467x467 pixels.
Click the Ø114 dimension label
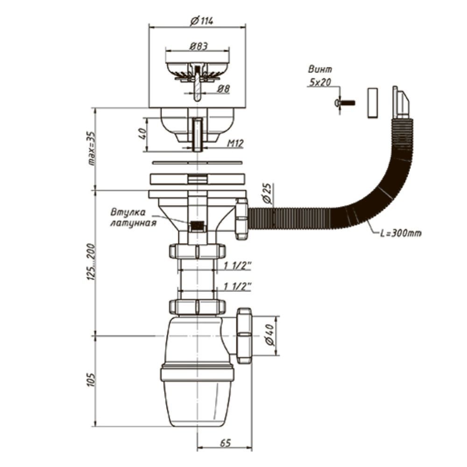[202, 21]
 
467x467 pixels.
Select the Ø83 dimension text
[198, 46]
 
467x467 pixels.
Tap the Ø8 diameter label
[223, 89]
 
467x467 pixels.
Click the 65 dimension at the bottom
[226, 443]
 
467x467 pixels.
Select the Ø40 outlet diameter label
[269, 335]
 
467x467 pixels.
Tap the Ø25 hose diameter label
[267, 194]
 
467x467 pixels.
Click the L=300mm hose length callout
[401, 233]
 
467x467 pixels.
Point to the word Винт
[320, 70]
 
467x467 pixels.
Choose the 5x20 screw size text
[320, 82]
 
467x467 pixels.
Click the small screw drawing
[345, 103]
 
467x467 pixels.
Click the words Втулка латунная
[133, 218]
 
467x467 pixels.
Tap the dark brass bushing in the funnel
[197, 226]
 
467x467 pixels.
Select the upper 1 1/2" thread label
[238, 265]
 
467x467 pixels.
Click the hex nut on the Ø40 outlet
[244, 335]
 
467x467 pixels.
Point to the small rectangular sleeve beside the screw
[372, 103]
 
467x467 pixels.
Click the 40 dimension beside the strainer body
[143, 134]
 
